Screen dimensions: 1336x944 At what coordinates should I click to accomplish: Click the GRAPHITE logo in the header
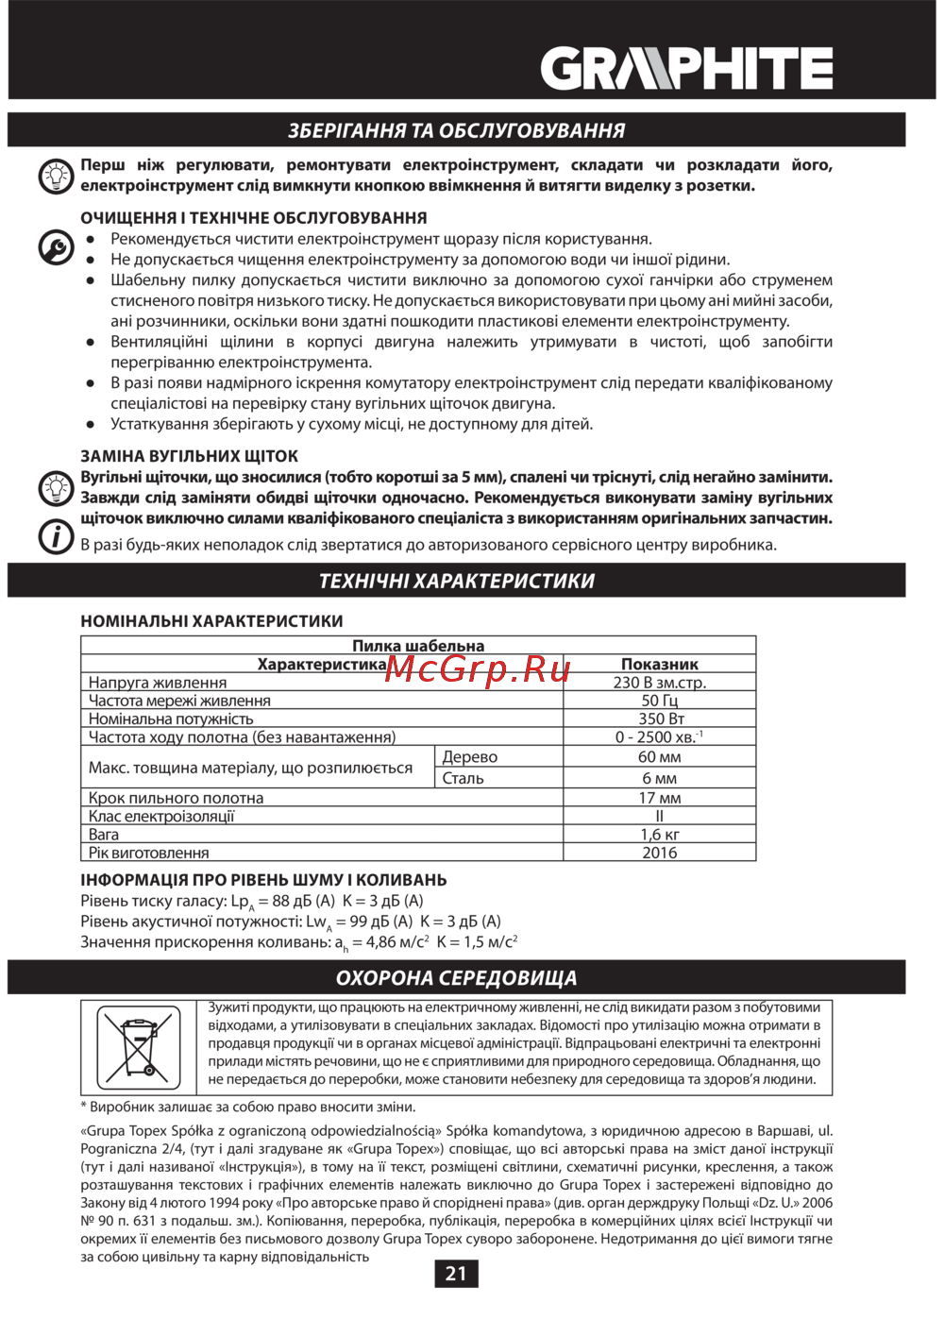[x=686, y=69]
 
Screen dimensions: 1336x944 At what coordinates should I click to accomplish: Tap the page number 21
[x=456, y=1274]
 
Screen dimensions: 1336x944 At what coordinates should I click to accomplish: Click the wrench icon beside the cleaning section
[x=56, y=247]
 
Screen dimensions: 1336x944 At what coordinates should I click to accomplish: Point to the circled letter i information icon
[x=56, y=536]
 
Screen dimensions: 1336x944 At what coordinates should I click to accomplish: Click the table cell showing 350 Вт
[x=660, y=719]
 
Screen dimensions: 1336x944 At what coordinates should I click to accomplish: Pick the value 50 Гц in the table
[x=660, y=701]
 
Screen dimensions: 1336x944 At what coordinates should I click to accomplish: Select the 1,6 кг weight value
[x=660, y=835]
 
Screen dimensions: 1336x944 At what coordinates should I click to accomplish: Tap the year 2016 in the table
[x=660, y=853]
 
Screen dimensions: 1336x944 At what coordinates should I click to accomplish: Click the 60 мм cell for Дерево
[x=660, y=757]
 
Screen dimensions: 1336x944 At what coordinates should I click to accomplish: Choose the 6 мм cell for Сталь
[x=660, y=779]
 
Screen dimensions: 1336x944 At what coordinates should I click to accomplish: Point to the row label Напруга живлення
[x=158, y=683]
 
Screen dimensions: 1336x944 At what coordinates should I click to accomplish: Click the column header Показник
[x=660, y=665]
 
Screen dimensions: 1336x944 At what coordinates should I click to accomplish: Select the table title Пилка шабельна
[x=418, y=646]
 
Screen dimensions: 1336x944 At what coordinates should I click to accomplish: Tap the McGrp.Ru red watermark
[x=479, y=668]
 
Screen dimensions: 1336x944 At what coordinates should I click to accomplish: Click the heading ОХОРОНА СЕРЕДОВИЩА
[x=457, y=978]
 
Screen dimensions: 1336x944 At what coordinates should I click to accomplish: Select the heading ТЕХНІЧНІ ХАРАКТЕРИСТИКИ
[x=457, y=581]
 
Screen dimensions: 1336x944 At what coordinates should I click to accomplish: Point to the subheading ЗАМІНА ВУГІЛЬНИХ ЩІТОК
[x=190, y=456]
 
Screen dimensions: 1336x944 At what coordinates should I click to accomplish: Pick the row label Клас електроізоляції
[x=161, y=817]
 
